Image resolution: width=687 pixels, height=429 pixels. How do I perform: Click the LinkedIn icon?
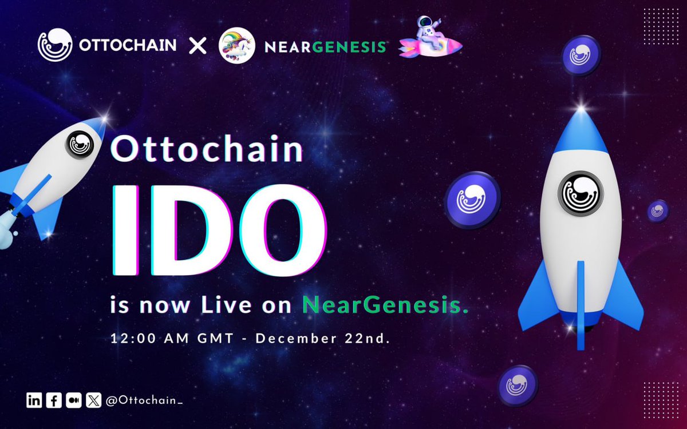(34, 400)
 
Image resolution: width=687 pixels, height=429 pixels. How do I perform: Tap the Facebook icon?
(54, 400)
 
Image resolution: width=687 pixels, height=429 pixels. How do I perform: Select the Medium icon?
(74, 400)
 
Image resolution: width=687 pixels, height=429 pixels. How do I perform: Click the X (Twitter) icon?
(93, 400)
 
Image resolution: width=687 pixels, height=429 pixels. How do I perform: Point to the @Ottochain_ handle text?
(144, 400)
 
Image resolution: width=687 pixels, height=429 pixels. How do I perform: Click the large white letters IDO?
(219, 230)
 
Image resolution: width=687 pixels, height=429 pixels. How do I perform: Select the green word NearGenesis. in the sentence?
(385, 305)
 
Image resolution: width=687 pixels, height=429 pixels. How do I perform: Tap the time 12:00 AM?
(149, 339)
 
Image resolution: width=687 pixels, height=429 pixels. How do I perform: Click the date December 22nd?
(323, 339)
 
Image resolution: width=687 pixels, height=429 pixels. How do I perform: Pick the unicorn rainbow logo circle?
(237, 45)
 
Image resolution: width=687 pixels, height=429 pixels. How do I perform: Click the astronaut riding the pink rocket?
(431, 37)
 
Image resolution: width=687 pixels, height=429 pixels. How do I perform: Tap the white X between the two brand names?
(198, 46)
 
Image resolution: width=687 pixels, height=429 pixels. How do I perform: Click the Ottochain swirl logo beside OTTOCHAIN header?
(55, 45)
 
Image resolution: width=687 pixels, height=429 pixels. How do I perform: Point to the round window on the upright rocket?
(581, 194)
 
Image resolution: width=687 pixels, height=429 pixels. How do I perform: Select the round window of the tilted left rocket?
(80, 145)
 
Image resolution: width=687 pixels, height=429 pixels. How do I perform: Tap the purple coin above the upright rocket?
(581, 55)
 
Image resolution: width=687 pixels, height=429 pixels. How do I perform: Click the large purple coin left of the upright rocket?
(472, 200)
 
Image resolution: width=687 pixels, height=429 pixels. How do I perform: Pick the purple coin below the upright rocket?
(518, 386)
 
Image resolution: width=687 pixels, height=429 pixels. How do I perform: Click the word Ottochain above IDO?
(207, 149)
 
